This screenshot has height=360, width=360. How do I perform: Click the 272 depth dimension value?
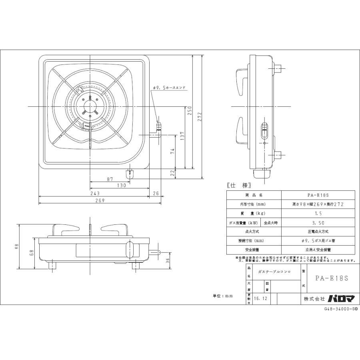200,117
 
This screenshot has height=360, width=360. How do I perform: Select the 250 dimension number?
190,110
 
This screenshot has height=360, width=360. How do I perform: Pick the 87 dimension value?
110,180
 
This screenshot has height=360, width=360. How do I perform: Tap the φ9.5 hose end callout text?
169,88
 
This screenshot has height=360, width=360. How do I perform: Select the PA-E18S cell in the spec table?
318,196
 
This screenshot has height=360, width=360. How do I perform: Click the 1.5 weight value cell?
318,213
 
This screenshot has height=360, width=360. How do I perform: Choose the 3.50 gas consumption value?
318,222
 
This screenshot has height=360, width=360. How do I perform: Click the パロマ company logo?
341,298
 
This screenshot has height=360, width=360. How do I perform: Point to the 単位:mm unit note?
222,296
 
